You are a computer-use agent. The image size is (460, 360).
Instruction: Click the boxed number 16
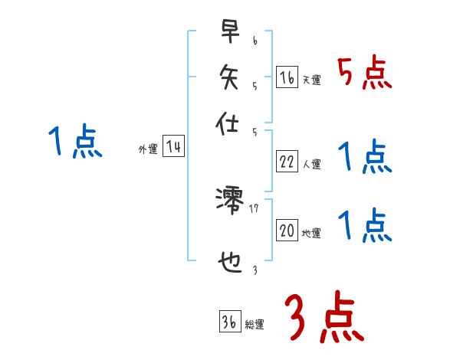[287, 77]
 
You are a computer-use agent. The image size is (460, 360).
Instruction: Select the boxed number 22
[287, 161]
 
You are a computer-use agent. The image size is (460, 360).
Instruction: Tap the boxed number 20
[287, 231]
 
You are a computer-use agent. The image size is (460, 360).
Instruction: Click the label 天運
[311, 80]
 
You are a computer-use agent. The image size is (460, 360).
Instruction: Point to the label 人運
[311, 164]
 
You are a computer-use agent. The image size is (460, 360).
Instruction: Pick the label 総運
[255, 326]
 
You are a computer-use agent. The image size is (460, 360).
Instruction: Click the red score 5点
[364, 74]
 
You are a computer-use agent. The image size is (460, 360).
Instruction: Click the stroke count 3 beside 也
[255, 270]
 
